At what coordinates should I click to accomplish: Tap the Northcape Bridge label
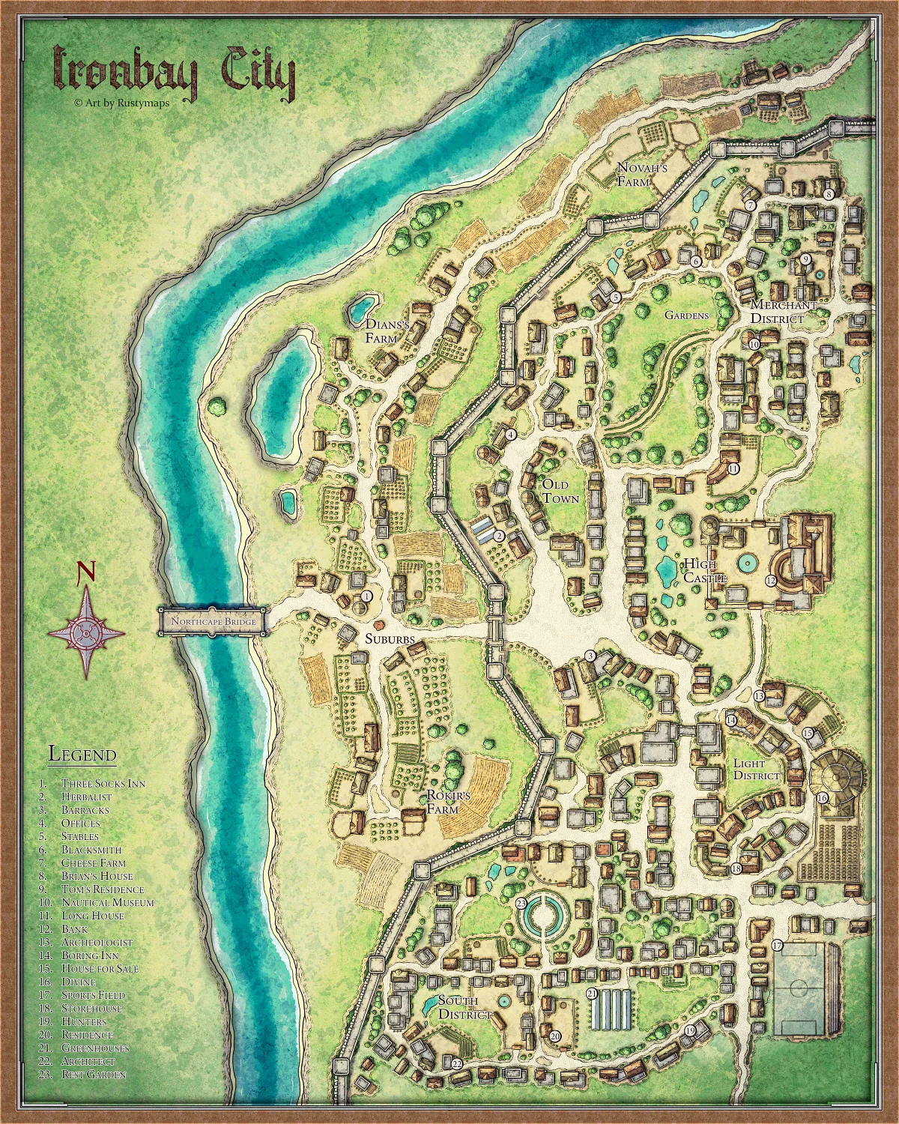[x=214, y=622]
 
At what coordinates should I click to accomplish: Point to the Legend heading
[x=82, y=754]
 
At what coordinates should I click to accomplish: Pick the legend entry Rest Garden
[x=94, y=1075]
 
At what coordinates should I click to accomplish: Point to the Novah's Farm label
[x=641, y=175]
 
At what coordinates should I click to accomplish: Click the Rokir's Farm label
[x=448, y=803]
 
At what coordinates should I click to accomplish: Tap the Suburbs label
[x=390, y=639]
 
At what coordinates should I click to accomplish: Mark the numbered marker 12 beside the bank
[x=770, y=581]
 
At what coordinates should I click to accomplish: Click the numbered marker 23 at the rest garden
[x=521, y=904]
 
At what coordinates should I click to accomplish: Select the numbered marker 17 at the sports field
[x=777, y=946]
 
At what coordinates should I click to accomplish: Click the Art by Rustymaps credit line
[x=121, y=103]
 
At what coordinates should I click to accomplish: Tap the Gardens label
[x=686, y=315]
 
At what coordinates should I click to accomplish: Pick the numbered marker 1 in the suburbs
[x=366, y=595]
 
